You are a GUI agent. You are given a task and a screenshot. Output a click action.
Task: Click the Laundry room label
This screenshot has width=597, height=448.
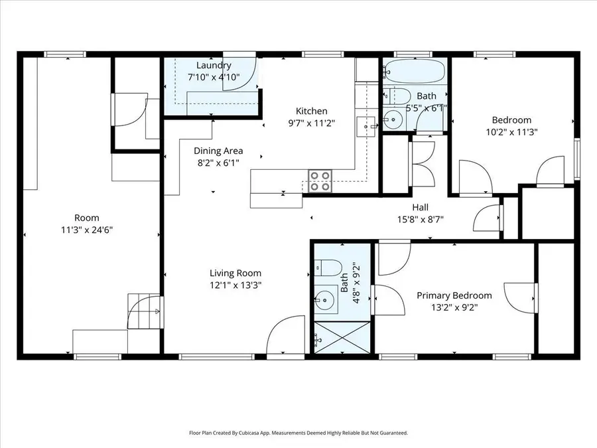pyautogui.click(x=214, y=65)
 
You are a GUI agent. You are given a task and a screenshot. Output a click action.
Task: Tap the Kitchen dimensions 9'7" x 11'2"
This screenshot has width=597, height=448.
pyautogui.click(x=312, y=123)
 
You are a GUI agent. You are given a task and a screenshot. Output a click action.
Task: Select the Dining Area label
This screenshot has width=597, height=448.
pyautogui.click(x=218, y=151)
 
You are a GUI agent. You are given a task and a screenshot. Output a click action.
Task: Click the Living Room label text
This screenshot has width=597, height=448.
pyautogui.click(x=235, y=273)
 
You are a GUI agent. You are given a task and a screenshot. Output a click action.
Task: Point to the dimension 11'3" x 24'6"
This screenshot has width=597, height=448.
pyautogui.click(x=87, y=230)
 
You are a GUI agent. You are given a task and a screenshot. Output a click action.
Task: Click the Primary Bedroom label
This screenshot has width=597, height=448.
pyautogui.click(x=454, y=295)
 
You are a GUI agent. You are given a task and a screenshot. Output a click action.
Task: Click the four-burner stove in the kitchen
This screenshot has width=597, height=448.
pyautogui.click(x=320, y=181)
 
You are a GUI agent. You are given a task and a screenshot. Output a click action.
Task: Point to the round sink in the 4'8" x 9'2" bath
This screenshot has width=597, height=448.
pyautogui.click(x=325, y=300)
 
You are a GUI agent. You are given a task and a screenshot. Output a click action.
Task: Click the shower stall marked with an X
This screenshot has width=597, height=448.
pyautogui.click(x=342, y=337)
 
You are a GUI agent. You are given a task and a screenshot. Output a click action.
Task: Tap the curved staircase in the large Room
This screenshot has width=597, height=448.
pyautogui.click(x=145, y=313)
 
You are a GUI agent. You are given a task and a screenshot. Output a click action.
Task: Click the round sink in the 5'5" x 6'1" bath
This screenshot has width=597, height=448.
pyautogui.click(x=392, y=120)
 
